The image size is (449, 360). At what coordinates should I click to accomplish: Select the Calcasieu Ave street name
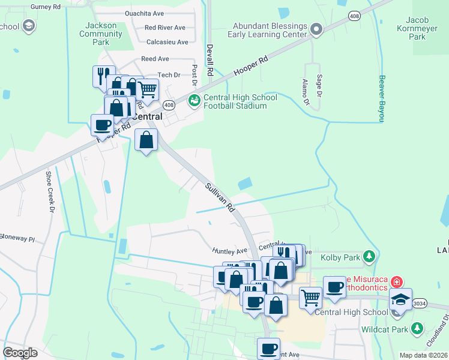[x=167, y=42]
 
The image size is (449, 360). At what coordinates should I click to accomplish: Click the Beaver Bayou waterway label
[x=380, y=98]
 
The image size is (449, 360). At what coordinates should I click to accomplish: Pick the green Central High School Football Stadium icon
[x=194, y=100]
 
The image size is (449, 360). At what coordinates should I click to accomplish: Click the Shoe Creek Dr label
[x=50, y=192]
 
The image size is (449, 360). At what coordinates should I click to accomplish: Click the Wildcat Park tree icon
[x=418, y=329]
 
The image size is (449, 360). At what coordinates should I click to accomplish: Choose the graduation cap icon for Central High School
[x=400, y=298]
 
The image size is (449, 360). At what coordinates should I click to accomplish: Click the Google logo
[x=20, y=352]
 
